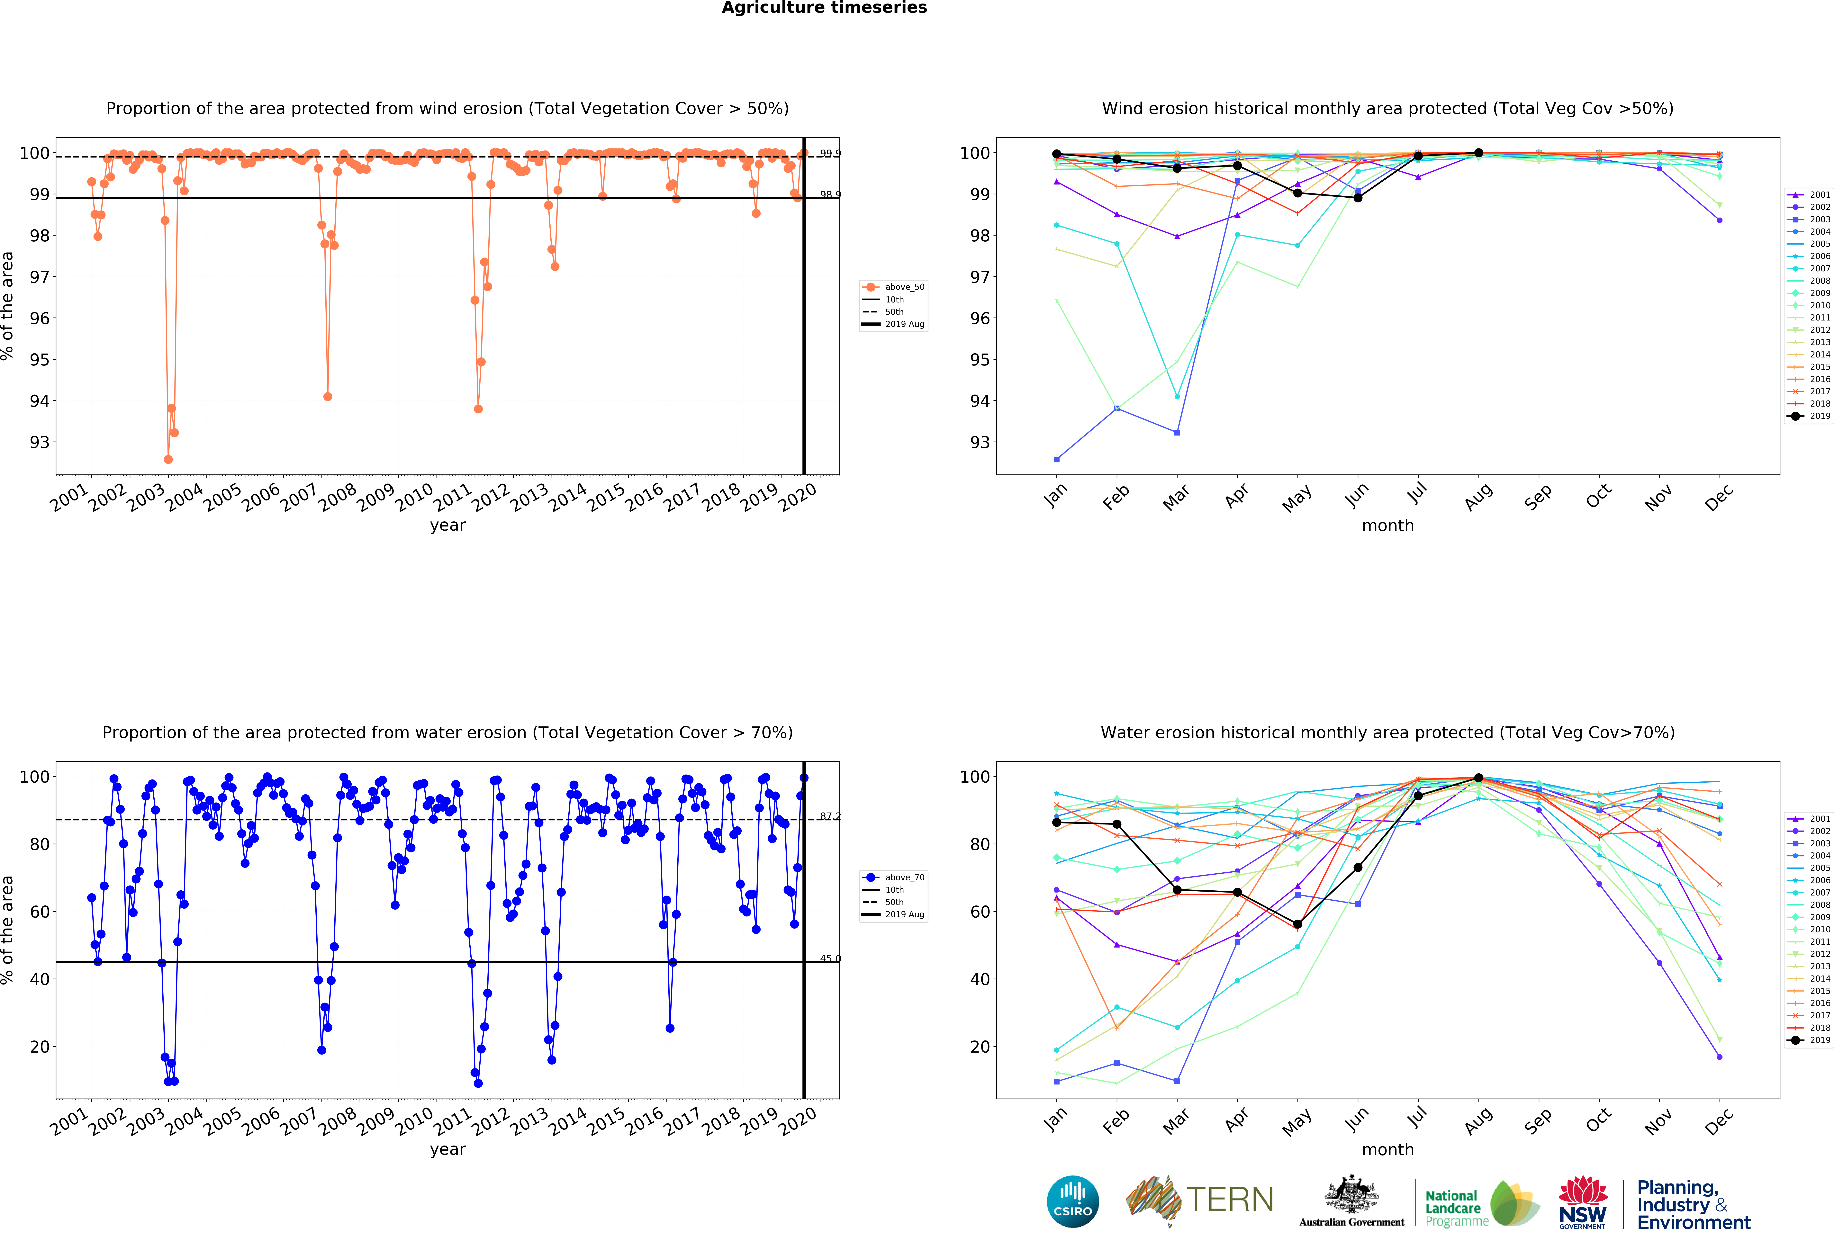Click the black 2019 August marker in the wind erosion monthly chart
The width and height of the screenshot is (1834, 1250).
click(1478, 153)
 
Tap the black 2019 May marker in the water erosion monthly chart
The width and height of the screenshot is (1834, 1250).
click(1297, 924)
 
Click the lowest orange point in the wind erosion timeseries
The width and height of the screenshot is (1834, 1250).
click(168, 459)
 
